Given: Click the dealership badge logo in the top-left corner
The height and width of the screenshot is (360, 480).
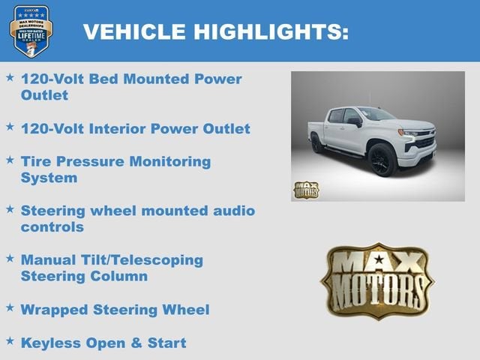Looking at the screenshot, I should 31,31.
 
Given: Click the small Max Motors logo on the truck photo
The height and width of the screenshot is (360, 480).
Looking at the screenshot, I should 305,190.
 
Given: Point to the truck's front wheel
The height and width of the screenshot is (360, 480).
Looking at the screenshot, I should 381,160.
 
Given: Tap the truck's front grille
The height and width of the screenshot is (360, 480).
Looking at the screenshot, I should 424,140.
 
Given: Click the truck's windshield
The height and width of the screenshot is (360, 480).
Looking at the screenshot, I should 374,115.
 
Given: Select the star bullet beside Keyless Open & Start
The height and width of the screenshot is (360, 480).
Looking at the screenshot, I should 10,341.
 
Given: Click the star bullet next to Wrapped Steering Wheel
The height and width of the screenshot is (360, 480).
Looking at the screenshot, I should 10,307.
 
